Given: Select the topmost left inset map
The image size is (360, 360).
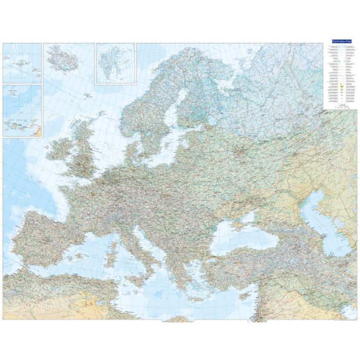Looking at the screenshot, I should click(22, 63).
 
